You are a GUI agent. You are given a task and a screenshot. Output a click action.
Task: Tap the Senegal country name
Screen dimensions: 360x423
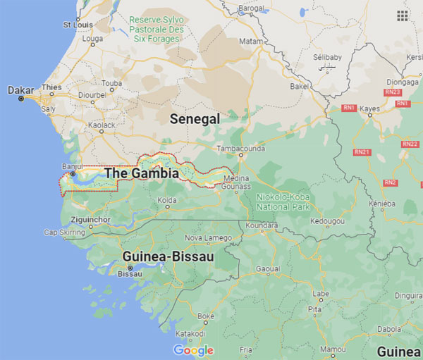tap(195, 119)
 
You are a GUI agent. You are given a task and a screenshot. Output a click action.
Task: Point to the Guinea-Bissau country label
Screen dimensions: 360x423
tap(168, 256)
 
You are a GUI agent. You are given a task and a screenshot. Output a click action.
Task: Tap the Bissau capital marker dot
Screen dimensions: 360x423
tap(130, 268)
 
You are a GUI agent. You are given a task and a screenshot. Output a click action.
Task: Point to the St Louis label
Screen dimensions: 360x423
tap(78, 25)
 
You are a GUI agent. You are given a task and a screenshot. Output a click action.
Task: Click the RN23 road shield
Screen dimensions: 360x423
tap(393, 92)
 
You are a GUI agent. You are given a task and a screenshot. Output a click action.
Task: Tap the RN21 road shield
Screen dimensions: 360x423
tap(362, 152)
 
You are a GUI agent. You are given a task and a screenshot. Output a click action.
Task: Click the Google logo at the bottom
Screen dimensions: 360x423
tap(193, 350)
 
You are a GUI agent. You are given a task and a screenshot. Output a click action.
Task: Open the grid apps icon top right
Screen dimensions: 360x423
tap(403, 15)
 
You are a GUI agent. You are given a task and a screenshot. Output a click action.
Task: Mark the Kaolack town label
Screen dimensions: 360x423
tap(102, 125)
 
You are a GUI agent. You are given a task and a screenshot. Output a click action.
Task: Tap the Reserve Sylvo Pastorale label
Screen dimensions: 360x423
tap(156, 29)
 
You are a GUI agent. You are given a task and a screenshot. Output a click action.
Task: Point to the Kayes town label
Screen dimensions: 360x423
tap(370, 108)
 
